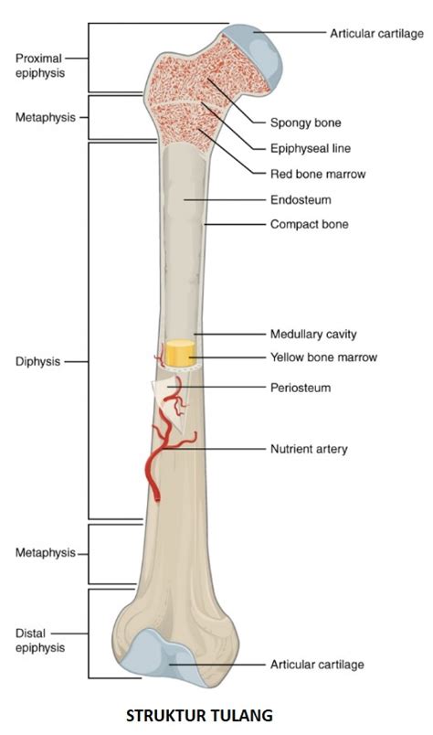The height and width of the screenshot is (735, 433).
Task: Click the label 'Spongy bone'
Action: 305,122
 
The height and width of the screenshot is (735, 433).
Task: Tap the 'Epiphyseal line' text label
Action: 311,149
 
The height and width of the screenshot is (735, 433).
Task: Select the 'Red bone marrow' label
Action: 318,175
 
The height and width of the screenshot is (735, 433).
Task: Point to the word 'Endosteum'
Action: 301,199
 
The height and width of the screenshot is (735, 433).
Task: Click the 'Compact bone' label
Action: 310,224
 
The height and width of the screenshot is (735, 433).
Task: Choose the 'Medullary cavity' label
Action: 313,335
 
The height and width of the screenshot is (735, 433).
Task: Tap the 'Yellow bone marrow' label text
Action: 323,357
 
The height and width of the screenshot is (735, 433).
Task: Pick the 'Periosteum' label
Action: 301,388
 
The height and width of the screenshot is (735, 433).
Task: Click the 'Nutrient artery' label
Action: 309,449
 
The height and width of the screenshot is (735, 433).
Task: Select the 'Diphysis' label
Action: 38,361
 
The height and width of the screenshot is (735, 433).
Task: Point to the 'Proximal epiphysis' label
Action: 39,66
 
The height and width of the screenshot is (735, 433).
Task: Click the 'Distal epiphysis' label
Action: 40,641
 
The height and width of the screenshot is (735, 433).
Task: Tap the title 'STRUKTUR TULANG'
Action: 200,716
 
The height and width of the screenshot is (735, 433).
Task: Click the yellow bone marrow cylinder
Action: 180,353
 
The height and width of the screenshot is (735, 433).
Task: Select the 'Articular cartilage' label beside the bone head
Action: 376,34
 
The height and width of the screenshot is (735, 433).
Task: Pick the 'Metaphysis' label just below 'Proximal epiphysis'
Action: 46,117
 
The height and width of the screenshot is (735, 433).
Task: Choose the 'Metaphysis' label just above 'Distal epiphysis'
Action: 46,553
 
